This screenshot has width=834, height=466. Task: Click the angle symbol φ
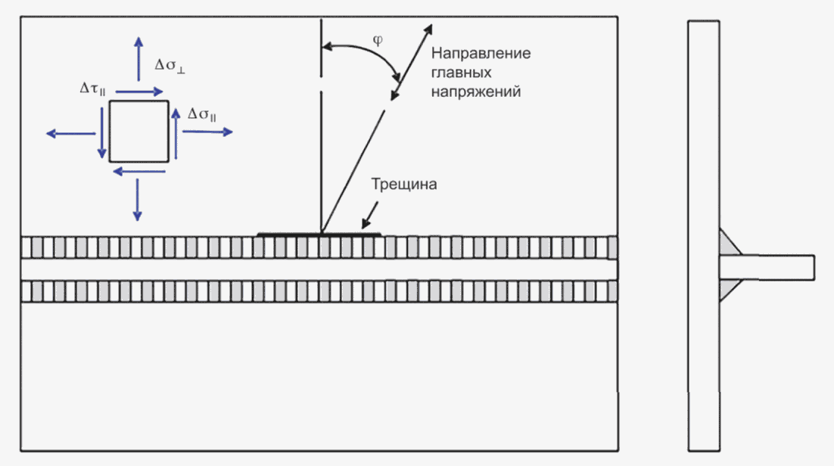(378, 40)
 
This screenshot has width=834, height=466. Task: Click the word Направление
(481, 53)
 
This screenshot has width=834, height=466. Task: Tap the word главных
(461, 73)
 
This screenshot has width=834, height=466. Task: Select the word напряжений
(476, 92)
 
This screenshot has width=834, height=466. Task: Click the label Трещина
(404, 184)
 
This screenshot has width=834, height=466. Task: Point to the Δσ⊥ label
(170, 65)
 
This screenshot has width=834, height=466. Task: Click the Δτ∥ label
(92, 89)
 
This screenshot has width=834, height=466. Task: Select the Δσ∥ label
(201, 113)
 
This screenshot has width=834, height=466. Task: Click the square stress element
(138, 132)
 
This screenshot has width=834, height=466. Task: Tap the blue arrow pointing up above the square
(138, 58)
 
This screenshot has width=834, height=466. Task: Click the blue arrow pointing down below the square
(137, 200)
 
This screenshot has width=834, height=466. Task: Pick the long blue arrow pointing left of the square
(70, 134)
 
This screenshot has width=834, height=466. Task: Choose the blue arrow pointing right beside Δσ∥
(207, 132)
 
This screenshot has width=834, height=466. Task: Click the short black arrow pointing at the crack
(369, 215)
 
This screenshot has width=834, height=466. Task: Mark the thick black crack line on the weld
(319, 234)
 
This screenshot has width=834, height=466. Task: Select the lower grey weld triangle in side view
(728, 289)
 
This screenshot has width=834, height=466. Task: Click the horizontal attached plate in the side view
(767, 268)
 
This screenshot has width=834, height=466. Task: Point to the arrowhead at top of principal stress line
(428, 30)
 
